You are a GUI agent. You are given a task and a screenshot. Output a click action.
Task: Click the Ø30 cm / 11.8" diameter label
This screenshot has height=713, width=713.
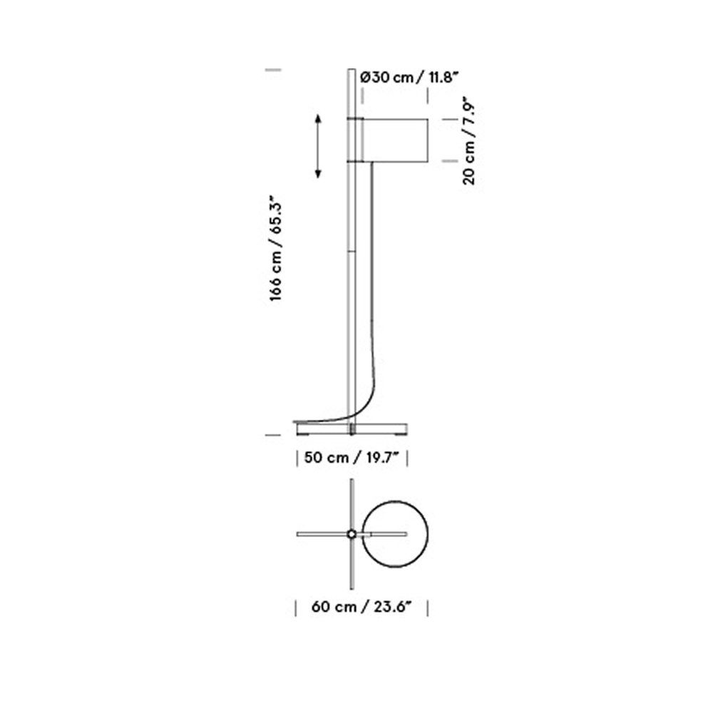[x=407, y=77]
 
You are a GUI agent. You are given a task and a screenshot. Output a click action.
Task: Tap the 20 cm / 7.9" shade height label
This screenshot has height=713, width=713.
[x=469, y=140]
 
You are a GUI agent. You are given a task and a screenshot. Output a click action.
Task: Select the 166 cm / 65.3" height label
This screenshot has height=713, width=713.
[x=276, y=248]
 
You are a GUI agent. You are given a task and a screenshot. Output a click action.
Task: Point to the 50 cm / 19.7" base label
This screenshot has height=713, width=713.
[x=351, y=458]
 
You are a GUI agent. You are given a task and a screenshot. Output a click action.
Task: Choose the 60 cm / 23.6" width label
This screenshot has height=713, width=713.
[x=361, y=607]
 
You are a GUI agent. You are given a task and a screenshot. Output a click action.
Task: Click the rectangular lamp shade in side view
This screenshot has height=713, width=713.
[x=395, y=140]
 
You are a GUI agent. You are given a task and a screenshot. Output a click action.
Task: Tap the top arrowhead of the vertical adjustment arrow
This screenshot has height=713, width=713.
[x=318, y=118]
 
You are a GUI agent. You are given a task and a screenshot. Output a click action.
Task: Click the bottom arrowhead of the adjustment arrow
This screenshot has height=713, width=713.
[x=318, y=174]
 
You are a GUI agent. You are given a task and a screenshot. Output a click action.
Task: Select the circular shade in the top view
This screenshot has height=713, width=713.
[x=395, y=501]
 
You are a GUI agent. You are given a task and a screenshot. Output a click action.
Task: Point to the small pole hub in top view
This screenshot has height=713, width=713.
[x=352, y=534]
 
